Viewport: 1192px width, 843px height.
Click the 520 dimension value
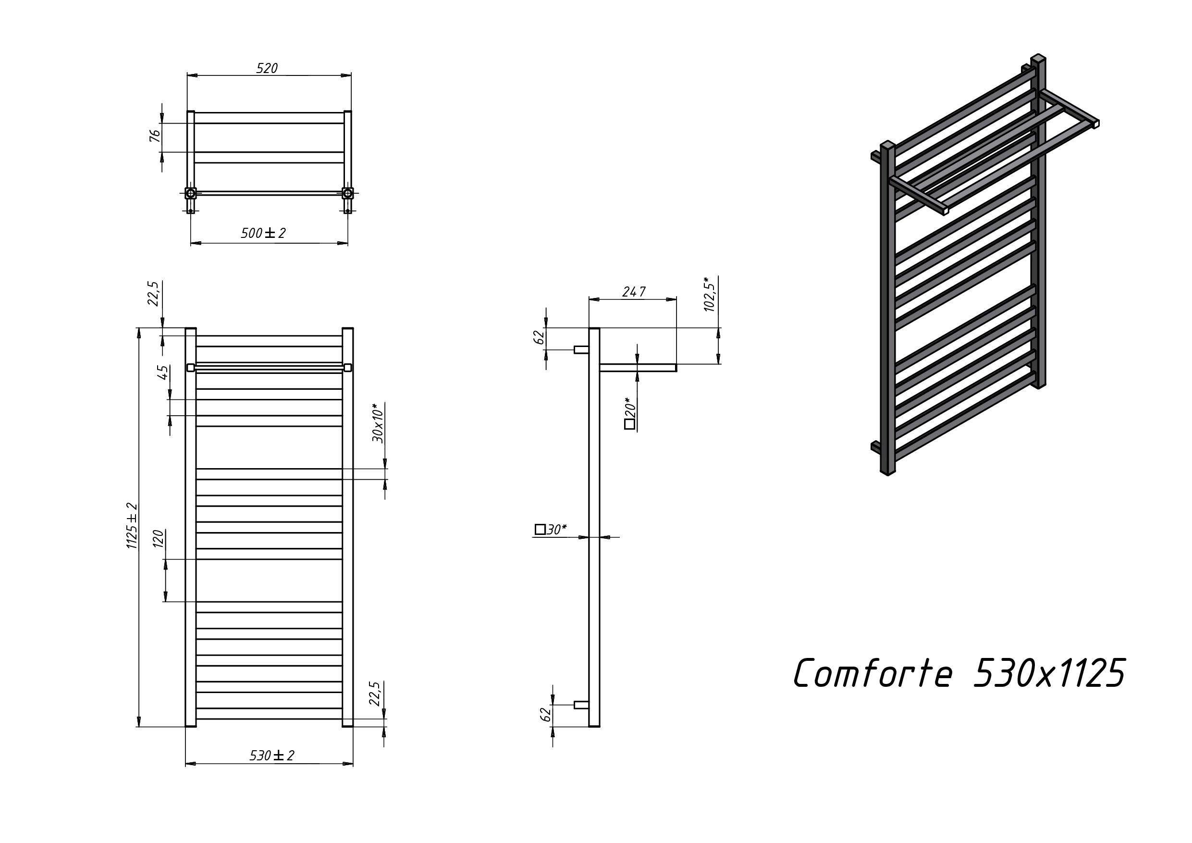coord(267,69)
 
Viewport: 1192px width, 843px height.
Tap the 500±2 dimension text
coord(263,233)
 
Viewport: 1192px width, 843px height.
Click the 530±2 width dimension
coord(271,756)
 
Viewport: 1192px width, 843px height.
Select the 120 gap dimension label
coord(159,539)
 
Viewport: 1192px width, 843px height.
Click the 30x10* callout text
coord(379,423)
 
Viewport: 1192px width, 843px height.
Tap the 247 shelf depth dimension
coord(634,292)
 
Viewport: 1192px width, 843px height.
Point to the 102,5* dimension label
coord(710,295)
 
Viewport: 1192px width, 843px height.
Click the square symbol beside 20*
coord(630,424)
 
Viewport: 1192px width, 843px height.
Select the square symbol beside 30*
coord(540,529)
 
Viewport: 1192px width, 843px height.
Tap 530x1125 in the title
coord(1049,673)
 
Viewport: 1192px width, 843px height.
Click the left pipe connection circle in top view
coord(191,194)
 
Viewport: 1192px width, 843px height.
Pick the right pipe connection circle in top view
coord(347,194)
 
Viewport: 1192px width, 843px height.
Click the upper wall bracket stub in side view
coord(581,350)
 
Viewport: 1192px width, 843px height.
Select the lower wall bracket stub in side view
coord(581,705)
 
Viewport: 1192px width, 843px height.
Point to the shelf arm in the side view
coord(638,368)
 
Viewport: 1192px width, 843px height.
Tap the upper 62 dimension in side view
coord(540,337)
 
